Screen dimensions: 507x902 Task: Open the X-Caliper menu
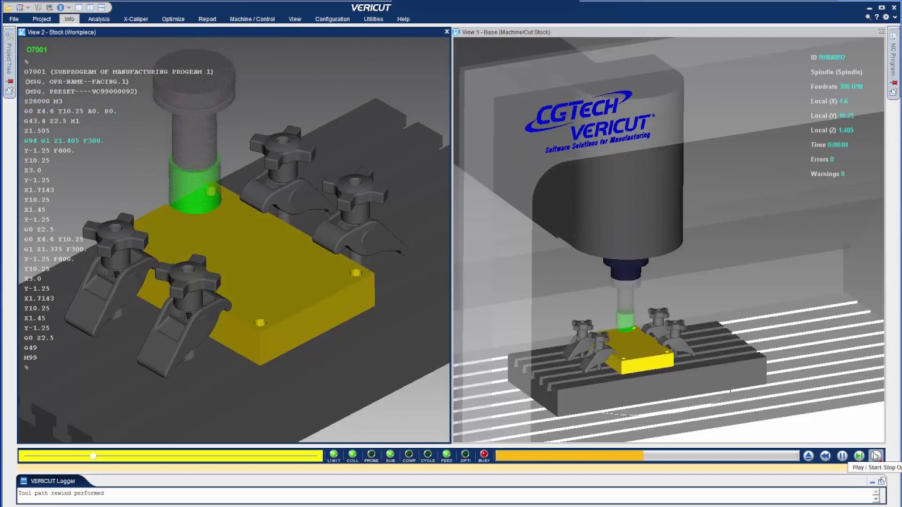[x=136, y=19]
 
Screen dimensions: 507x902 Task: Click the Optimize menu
[x=173, y=19]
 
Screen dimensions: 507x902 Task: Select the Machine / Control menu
[x=252, y=19]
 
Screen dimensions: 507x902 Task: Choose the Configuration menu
[x=332, y=19]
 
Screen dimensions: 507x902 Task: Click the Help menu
[x=403, y=19]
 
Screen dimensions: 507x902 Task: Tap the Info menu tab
[x=69, y=19]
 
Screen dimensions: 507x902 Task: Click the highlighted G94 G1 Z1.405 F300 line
[x=63, y=141]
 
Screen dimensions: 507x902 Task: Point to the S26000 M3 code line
[x=43, y=101]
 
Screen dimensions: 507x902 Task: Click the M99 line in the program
[x=30, y=358]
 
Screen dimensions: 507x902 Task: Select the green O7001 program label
[x=37, y=50]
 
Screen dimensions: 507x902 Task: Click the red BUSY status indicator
[x=483, y=455]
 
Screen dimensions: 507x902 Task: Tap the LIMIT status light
[x=333, y=455]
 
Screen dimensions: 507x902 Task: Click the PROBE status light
[x=371, y=455]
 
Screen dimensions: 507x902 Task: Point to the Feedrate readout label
[x=824, y=87]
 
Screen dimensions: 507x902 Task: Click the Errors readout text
[x=822, y=159]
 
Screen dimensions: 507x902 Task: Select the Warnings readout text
[x=827, y=174]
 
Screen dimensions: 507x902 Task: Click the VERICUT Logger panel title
[x=53, y=481]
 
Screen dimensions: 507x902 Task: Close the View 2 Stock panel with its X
[x=446, y=32]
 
